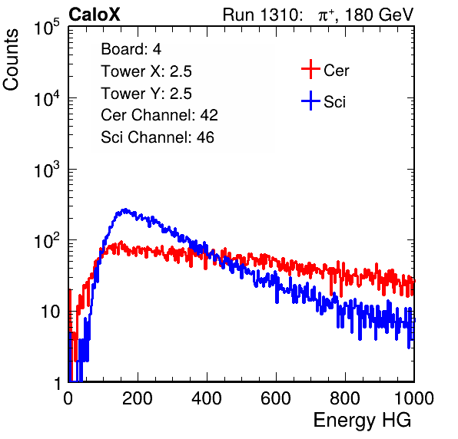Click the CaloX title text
tap(95, 15)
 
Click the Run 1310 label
tap(262, 15)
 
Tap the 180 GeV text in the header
tap(379, 15)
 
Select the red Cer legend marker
tap(310, 69)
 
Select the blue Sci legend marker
tap(310, 101)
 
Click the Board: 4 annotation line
tap(131, 49)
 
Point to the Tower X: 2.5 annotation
tap(146, 71)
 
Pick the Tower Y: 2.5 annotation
tap(146, 94)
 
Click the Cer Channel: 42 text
tap(160, 115)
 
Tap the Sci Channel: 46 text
tap(158, 137)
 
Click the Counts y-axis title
tap(11, 60)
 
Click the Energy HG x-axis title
tap(362, 421)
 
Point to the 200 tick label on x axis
tap(138, 398)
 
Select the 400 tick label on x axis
tap(207, 398)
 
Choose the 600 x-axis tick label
tap(276, 398)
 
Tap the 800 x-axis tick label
tap(345, 398)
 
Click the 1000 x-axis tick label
tap(414, 398)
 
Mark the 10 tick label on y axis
tap(50, 312)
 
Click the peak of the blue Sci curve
tap(125, 210)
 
